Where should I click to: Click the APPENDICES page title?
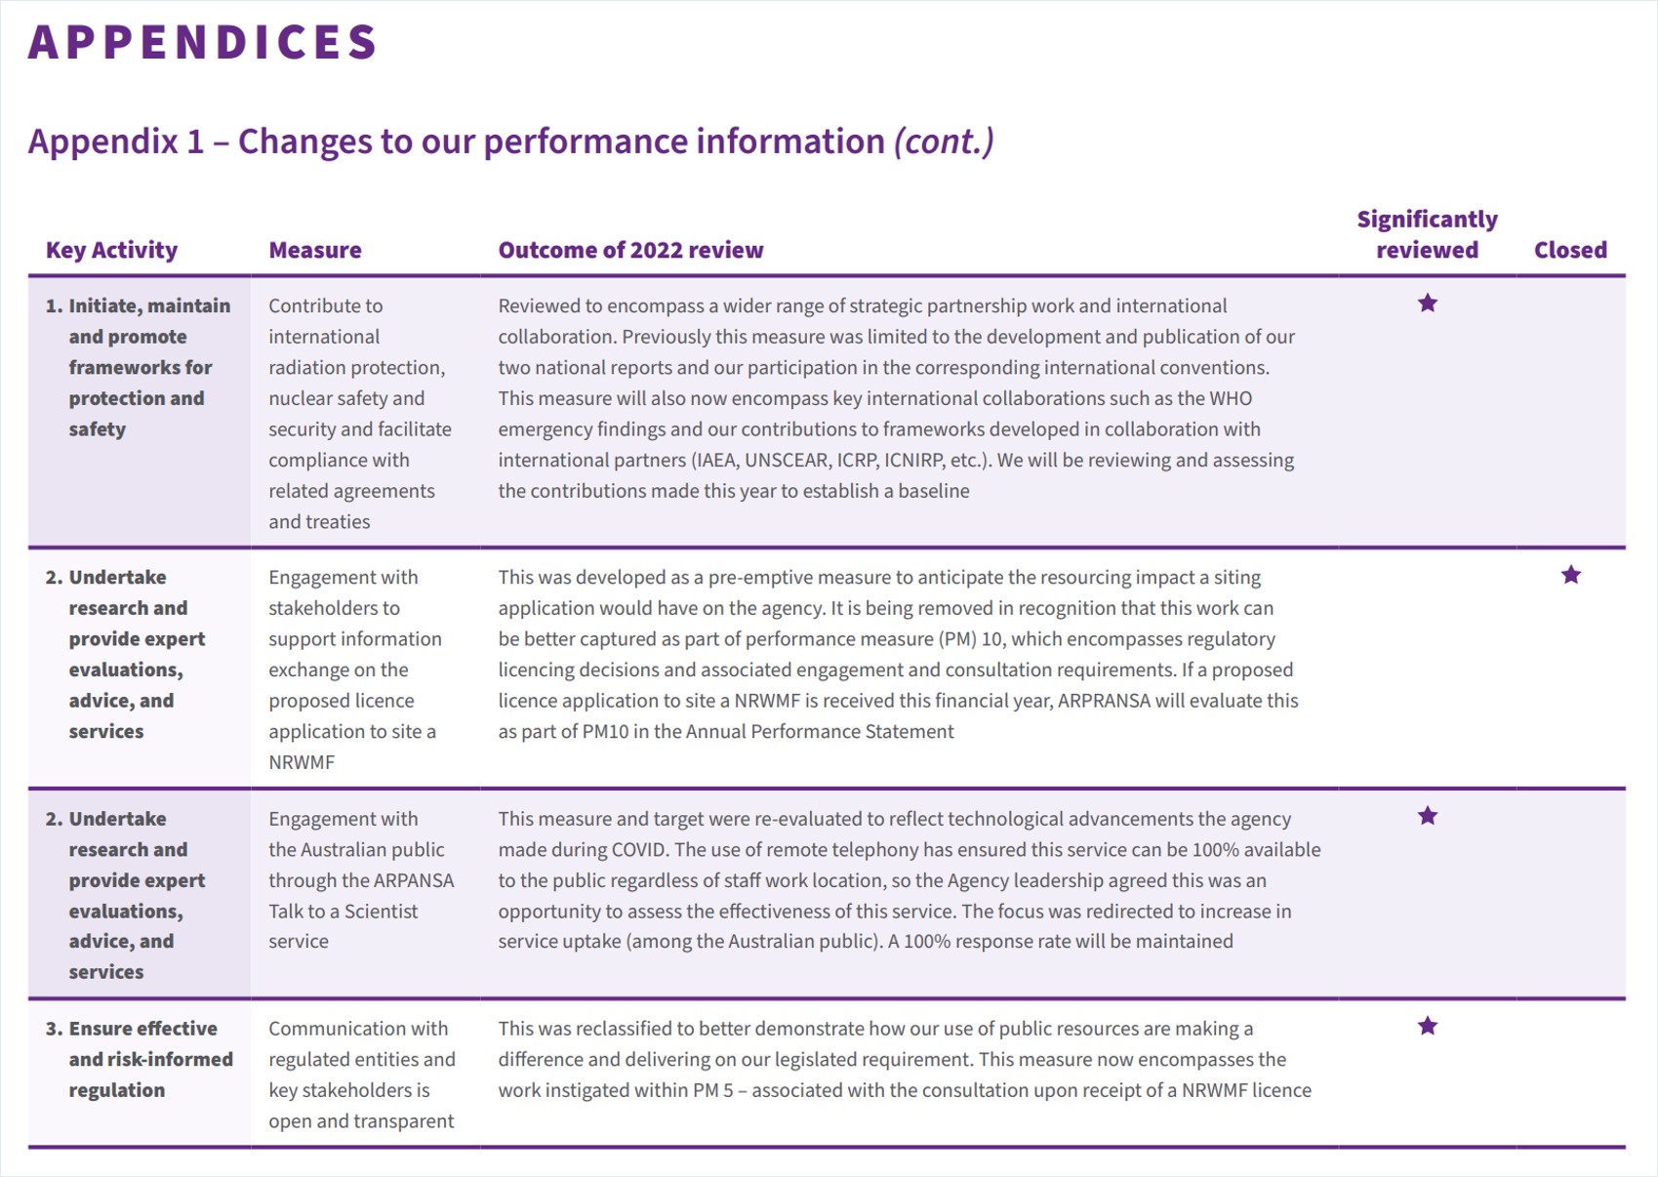(x=203, y=42)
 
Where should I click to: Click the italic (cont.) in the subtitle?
(x=944, y=142)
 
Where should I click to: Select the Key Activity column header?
(x=112, y=250)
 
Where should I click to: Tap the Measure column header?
(x=315, y=250)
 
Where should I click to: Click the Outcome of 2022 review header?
(x=630, y=250)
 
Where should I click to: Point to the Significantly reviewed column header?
(x=1427, y=234)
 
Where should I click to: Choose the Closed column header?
(x=1570, y=250)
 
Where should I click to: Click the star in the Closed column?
(x=1570, y=575)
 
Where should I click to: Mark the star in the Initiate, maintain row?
(x=1428, y=304)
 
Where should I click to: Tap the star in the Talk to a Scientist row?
(x=1428, y=817)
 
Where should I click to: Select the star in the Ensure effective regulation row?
(x=1428, y=1026)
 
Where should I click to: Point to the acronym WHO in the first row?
(x=1231, y=398)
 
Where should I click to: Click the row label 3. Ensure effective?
(x=132, y=1029)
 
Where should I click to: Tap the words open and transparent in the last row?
(x=361, y=1121)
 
